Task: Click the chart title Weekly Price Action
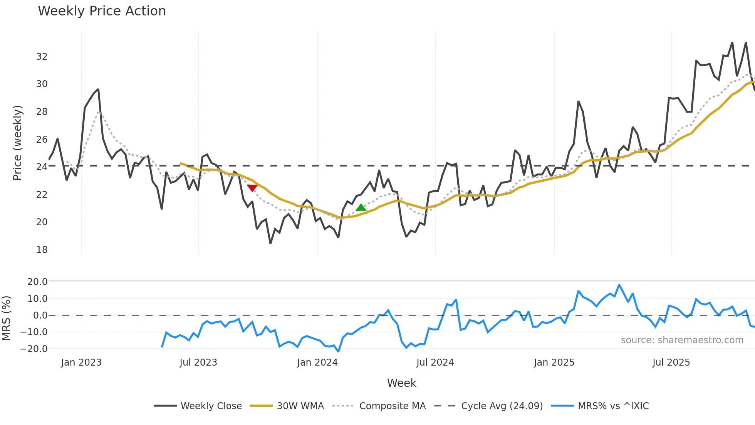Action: click(x=102, y=11)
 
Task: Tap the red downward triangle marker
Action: click(x=252, y=188)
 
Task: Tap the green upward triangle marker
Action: click(x=361, y=208)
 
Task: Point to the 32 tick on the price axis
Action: click(x=42, y=57)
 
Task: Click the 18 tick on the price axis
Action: click(x=42, y=250)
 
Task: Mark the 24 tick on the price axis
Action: click(x=42, y=167)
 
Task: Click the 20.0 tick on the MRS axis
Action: click(x=37, y=282)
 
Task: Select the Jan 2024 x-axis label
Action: click(x=317, y=363)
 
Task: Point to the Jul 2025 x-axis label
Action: click(x=671, y=363)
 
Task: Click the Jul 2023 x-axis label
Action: click(x=198, y=363)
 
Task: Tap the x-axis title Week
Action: click(x=401, y=383)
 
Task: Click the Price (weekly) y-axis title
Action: click(x=18, y=143)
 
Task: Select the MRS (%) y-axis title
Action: click(x=6, y=318)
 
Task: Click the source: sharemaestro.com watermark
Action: click(x=682, y=340)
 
